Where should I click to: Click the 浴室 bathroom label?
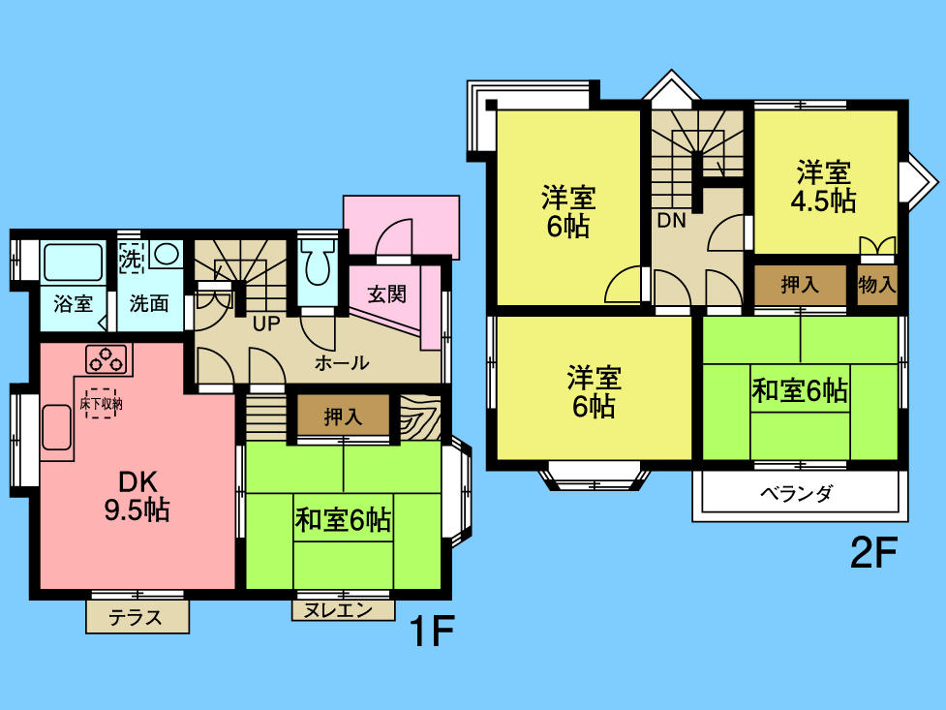point(73,303)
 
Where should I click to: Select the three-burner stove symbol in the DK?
point(107,358)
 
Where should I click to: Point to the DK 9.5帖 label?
point(136,495)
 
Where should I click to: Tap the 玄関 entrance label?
point(387,294)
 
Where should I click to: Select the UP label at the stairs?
point(266,324)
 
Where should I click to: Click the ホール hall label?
point(341,363)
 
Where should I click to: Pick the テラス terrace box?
point(137,616)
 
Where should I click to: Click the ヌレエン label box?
point(344,610)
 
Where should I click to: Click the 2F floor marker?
point(873,554)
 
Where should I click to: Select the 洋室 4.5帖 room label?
point(824,187)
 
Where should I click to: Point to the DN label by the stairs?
point(671,221)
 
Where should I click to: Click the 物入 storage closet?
point(877,286)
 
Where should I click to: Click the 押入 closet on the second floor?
point(800,285)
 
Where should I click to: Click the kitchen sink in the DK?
point(55,427)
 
